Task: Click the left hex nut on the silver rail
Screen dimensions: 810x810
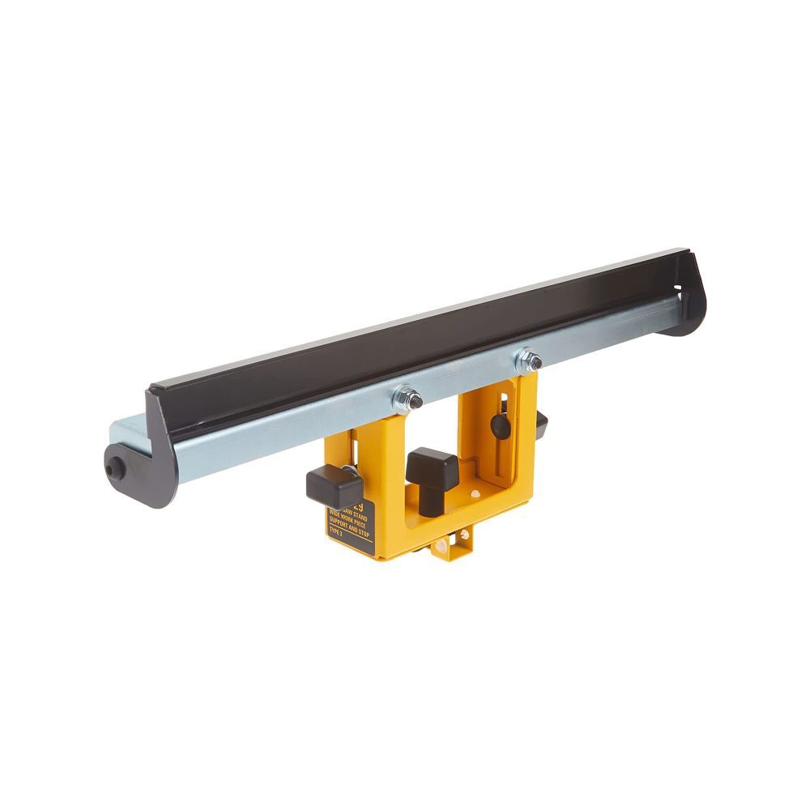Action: pos(407,399)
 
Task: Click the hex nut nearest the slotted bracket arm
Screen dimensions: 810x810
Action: pos(530,360)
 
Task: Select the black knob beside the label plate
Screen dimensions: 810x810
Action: pos(332,487)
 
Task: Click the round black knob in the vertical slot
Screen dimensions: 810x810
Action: pos(501,426)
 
